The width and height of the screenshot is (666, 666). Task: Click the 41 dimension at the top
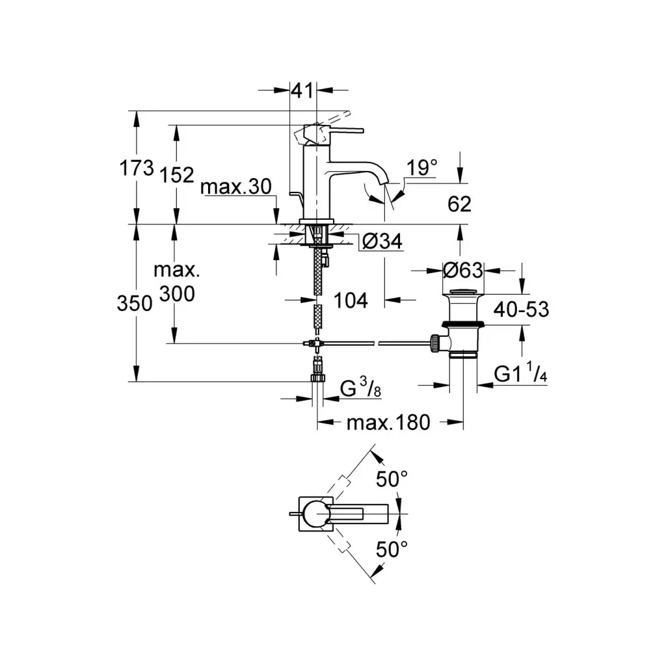pos(302,91)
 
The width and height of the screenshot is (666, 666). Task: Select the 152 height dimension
pos(177,174)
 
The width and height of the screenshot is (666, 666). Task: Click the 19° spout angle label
pos(422,168)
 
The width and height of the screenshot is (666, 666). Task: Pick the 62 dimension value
pos(459,204)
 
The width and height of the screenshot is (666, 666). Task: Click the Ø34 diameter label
pos(381,242)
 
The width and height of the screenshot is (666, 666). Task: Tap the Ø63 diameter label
pos(462,269)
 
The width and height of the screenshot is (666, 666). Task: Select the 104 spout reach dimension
pos(351,300)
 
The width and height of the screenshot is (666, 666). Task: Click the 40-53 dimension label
pos(521,309)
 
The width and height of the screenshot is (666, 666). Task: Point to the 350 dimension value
pos(136,303)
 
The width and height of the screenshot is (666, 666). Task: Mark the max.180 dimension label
pos(388,423)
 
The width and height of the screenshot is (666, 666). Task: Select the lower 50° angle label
pos(392,550)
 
